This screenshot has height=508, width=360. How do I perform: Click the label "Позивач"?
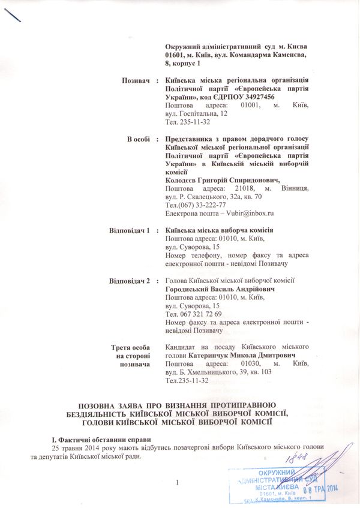[x=135, y=80]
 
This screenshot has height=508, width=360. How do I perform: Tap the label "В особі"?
[x=138, y=139]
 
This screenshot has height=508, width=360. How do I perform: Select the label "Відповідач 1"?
[x=129, y=230]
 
